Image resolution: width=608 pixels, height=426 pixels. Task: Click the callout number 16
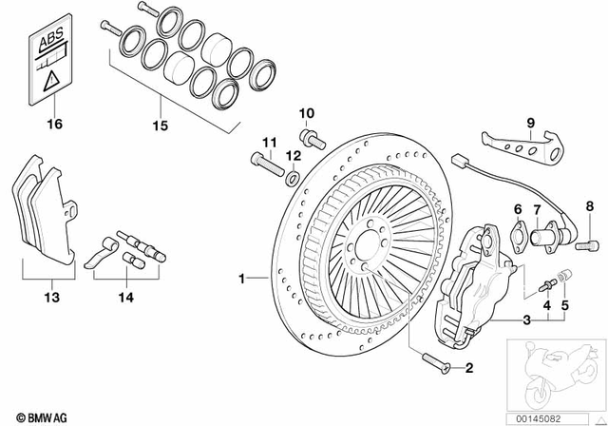click(54, 124)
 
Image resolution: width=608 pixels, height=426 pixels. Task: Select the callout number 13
click(52, 298)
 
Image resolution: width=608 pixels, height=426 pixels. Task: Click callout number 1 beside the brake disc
click(242, 279)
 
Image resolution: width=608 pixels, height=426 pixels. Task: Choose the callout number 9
click(531, 122)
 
